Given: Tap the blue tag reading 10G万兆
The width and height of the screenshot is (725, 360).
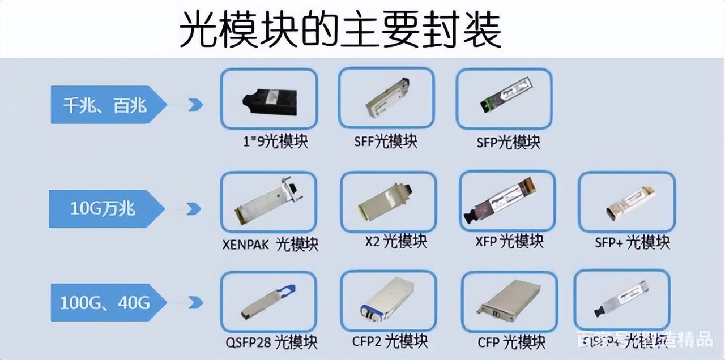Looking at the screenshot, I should coord(103,208).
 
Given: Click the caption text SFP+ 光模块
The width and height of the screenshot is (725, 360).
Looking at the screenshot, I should coord(632,242).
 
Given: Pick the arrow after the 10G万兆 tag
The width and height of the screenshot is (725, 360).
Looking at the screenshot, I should coord(194,209).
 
